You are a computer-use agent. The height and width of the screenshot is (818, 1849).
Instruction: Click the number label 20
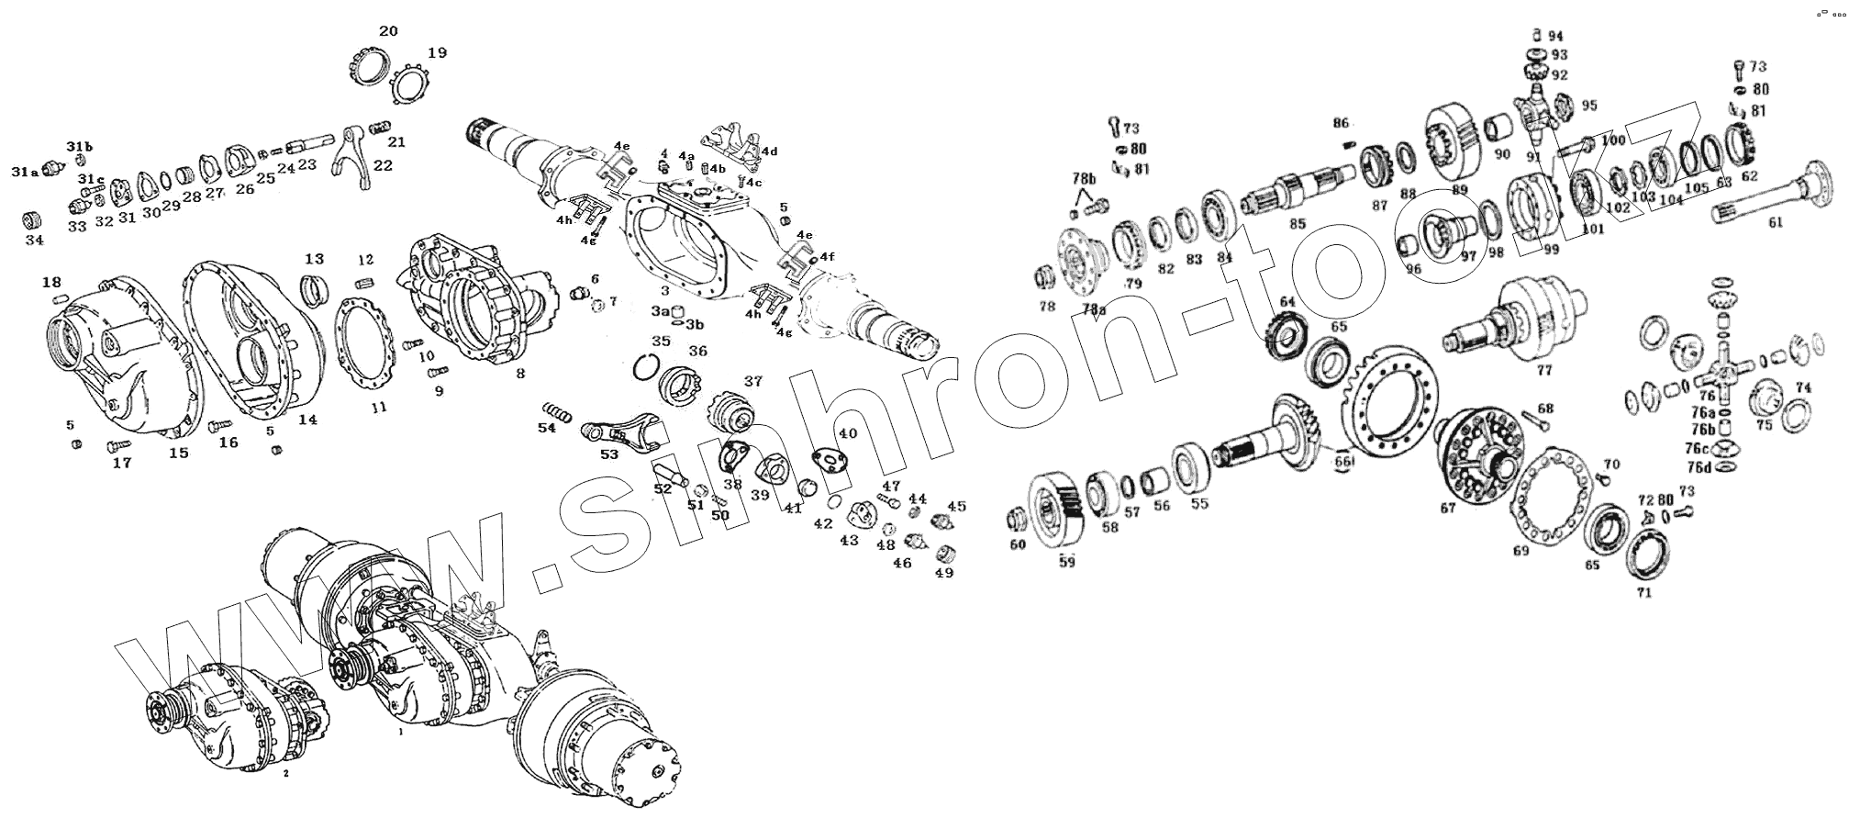click(x=388, y=31)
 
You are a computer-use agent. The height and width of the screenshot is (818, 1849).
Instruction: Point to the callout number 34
click(x=33, y=241)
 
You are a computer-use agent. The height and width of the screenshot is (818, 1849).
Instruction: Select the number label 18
click(x=51, y=282)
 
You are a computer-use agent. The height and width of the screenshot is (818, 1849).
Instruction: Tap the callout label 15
click(x=178, y=453)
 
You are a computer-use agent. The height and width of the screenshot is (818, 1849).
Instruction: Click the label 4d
click(x=769, y=151)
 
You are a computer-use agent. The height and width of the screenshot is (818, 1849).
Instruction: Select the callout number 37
click(x=752, y=381)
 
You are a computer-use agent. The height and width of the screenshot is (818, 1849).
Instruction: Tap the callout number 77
click(x=1544, y=370)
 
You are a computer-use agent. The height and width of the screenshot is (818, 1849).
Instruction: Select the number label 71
click(x=1643, y=593)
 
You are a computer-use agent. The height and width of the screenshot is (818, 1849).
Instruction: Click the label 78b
click(x=1084, y=177)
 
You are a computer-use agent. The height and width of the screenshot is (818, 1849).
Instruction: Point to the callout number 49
click(x=943, y=573)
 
